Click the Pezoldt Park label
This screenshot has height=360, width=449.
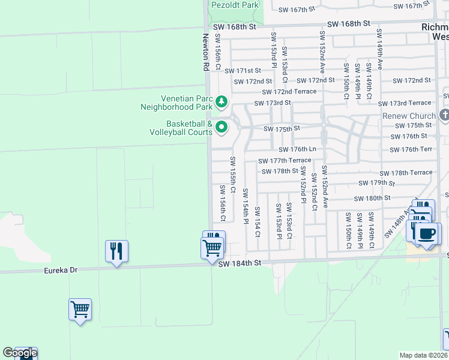(x=235, y=5)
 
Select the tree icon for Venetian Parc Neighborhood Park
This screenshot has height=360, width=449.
(x=221, y=101)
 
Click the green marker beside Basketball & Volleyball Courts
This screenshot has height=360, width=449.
(x=221, y=127)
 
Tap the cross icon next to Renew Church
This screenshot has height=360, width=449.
(x=444, y=115)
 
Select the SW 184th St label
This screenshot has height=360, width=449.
(x=240, y=263)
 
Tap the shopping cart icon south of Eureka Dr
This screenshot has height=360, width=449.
(x=80, y=310)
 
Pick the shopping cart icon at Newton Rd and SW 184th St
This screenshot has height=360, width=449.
(x=212, y=247)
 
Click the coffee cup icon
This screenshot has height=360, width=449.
(x=427, y=233)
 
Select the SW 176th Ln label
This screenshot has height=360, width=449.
(x=297, y=149)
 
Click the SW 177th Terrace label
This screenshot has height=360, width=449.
(x=285, y=161)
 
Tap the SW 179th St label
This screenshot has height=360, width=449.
(x=376, y=183)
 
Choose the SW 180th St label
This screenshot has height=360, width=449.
(x=372, y=198)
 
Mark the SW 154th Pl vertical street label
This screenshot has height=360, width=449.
(x=245, y=206)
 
